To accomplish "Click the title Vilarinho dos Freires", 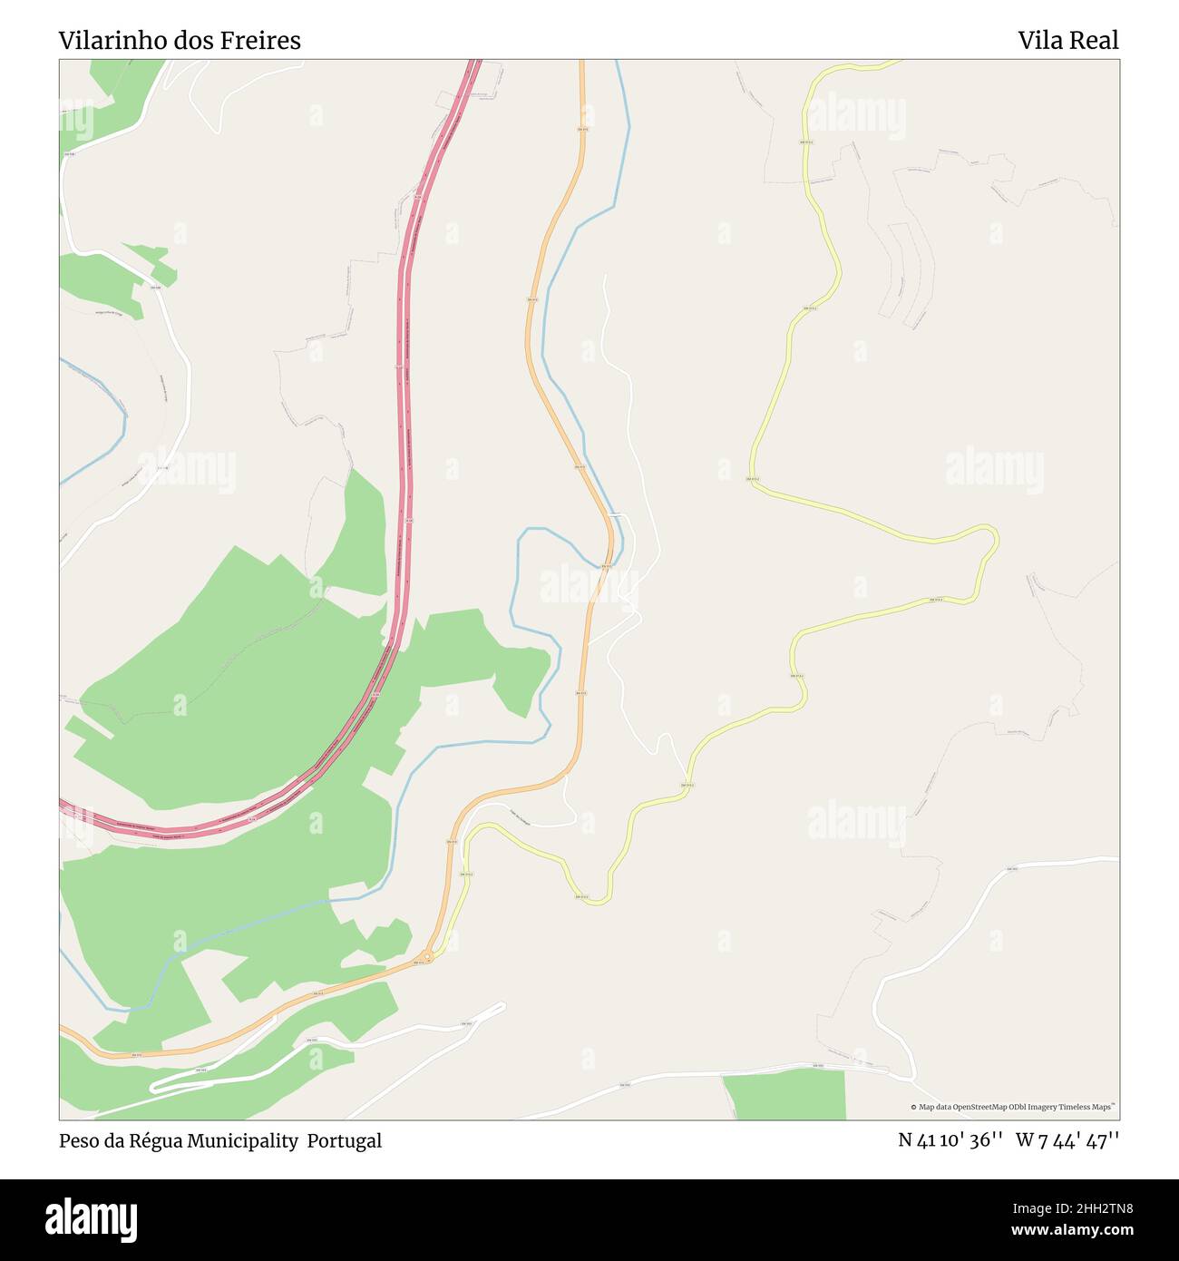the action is click(x=180, y=40).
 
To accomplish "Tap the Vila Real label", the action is click(x=1067, y=40).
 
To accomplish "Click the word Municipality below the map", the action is click(x=243, y=1140).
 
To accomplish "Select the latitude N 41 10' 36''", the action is click(x=950, y=1140).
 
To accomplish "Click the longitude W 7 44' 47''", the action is click(x=1067, y=1140).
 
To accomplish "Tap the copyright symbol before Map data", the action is click(x=913, y=1107).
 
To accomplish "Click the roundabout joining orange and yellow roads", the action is click(x=427, y=955).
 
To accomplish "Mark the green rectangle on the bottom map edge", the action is click(x=785, y=1095).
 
